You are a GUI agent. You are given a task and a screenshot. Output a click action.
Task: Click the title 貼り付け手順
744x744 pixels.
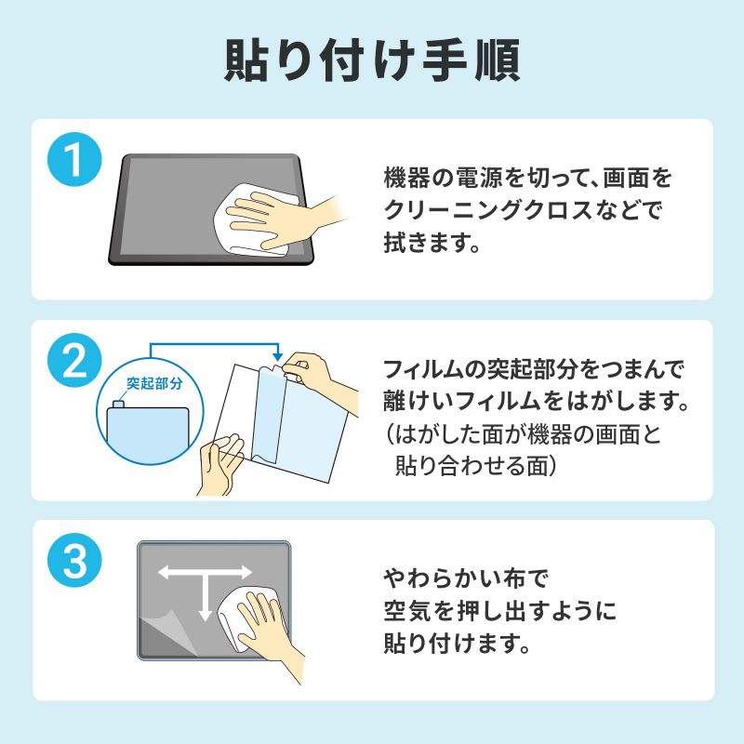click(x=372, y=60)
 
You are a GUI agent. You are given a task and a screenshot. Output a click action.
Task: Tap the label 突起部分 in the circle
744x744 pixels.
click(x=155, y=382)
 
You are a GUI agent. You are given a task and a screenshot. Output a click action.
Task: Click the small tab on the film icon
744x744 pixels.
click(x=119, y=404)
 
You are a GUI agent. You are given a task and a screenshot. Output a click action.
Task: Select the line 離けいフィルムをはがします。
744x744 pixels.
click(x=535, y=403)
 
